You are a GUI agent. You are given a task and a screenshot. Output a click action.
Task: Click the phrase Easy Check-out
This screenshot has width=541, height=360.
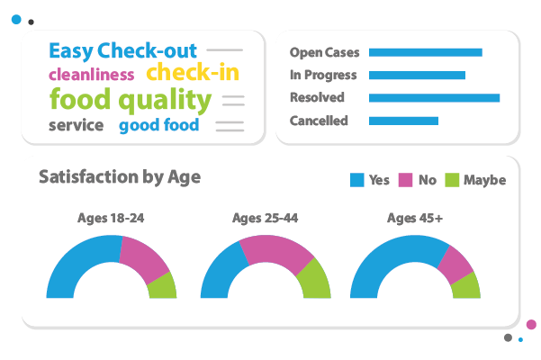coord(123,50)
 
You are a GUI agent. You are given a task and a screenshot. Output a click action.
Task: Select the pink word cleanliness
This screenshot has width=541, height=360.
coord(91,75)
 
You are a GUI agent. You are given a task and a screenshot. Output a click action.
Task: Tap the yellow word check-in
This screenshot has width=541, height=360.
coord(193,73)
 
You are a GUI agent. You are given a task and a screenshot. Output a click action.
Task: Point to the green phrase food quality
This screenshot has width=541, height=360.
coord(131,99)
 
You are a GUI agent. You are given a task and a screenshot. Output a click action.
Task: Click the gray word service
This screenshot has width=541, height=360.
coord(76,125)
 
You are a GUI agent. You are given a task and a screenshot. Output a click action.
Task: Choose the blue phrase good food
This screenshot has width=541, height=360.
coord(159,125)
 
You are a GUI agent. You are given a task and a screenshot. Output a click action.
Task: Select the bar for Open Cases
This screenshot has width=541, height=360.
coord(425,52)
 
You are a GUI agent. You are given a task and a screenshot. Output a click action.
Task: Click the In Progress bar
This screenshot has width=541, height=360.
coord(417,75)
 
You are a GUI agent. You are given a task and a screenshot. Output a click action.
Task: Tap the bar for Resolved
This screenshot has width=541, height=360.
coord(434,97)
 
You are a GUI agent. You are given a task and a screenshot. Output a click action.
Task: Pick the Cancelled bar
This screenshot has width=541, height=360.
coord(403,121)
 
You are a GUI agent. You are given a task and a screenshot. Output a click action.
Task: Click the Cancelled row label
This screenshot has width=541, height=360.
coord(319,121)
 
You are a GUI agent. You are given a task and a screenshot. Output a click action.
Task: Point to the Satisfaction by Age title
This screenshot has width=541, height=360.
coord(119,176)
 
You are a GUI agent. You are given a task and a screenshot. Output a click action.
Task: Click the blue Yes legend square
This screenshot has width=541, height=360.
coord(356,180)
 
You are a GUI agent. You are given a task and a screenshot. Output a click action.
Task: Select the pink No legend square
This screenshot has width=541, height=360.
coord(405,180)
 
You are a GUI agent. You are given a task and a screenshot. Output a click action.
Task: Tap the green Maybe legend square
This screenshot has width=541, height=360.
coord(452,180)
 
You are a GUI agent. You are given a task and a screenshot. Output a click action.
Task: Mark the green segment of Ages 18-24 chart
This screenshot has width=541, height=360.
coord(163,285)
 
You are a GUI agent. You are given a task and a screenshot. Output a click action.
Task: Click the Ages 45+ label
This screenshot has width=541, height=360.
coord(414,217)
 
